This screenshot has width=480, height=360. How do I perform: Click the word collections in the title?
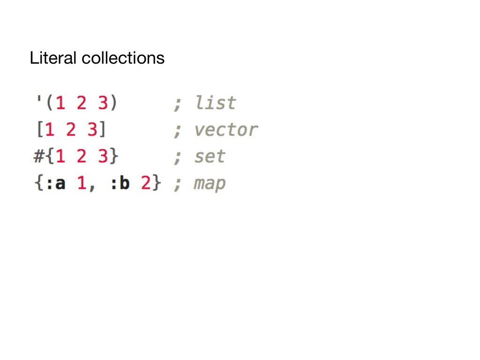coord(123,58)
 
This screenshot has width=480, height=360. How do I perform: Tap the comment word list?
coord(215,103)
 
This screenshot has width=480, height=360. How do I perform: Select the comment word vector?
coord(226,130)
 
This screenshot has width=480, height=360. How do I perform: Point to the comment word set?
coord(210,157)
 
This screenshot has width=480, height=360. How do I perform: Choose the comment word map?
coord(210,184)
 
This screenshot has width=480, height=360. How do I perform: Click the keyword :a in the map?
coord(55,183)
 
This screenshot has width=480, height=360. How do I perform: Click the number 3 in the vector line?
coord(92,130)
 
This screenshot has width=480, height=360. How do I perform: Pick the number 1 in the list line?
coord(60,103)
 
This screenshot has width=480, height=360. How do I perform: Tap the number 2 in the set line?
coord(82,157)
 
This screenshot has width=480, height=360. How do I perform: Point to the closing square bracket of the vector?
coord(103,130)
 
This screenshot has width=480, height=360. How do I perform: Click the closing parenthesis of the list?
coord(114,103)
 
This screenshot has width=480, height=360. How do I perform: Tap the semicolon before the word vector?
coord(178,131)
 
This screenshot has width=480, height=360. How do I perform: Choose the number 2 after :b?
coord(146,183)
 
